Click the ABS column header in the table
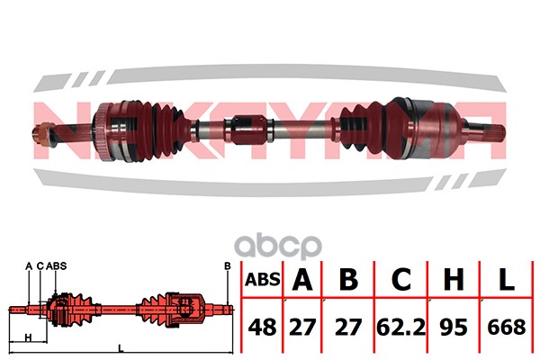[x=263, y=279]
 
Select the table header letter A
[x=302, y=279]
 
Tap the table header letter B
[x=348, y=279]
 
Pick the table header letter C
[x=401, y=279]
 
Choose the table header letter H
[x=454, y=279]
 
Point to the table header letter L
[x=507, y=279]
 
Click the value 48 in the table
[x=262, y=327]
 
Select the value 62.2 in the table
[x=401, y=328]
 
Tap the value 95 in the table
[x=454, y=327]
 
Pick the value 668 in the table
[x=507, y=327]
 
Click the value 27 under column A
[x=302, y=327]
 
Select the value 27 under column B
[x=348, y=327]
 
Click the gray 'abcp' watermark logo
[x=278, y=246]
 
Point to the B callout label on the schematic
[x=228, y=266]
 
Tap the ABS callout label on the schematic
[x=57, y=266]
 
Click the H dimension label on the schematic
[x=29, y=337]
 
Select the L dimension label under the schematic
[x=121, y=348]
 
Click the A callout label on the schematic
[x=29, y=266]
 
